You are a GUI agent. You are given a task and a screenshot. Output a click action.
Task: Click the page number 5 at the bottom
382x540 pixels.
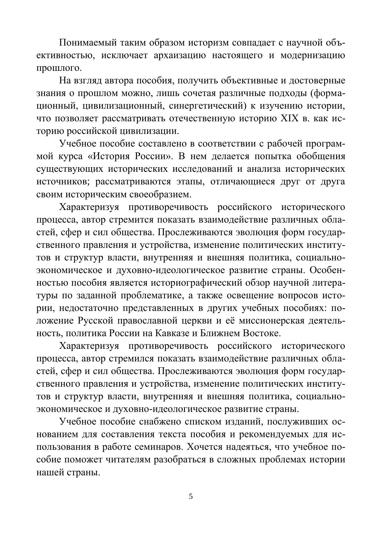click(x=191, y=496)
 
